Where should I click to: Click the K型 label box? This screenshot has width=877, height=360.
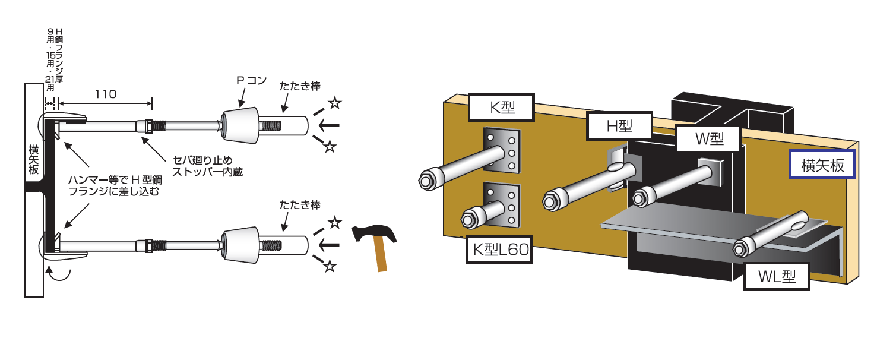pos(502,108)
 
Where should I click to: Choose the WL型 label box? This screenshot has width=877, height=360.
pos(777,277)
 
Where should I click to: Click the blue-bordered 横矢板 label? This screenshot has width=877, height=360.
pos(821,165)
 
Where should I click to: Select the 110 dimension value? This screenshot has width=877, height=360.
pos(105,94)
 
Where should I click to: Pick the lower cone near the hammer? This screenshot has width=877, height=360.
pos(240,244)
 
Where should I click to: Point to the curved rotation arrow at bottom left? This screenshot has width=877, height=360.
pos(60,274)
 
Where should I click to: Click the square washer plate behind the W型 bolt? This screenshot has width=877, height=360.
pos(711,171)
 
